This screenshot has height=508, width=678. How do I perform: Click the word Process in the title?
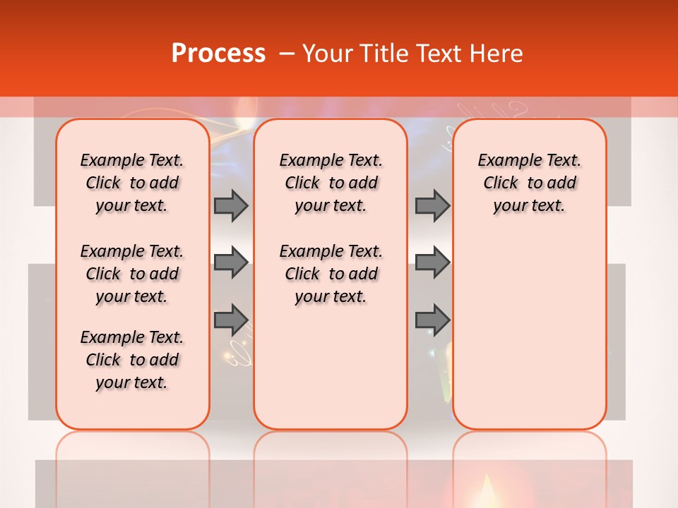(x=218, y=54)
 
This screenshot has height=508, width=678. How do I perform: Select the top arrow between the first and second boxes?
(x=231, y=205)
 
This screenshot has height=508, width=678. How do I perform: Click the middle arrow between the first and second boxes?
(x=231, y=262)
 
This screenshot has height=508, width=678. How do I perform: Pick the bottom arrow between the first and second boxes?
(x=231, y=320)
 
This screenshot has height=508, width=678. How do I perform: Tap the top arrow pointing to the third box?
(x=432, y=205)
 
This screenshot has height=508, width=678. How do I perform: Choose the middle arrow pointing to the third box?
(x=432, y=262)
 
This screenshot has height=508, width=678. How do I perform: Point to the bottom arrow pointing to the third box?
(x=432, y=320)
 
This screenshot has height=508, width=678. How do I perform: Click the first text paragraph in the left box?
(x=132, y=183)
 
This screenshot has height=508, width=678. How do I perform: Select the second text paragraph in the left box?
(x=132, y=274)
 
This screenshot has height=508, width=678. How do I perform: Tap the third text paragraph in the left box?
(x=132, y=360)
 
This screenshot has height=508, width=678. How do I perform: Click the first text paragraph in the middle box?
(x=331, y=183)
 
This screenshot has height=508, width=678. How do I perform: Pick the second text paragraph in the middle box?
(x=331, y=274)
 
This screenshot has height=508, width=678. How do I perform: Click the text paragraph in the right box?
(x=530, y=183)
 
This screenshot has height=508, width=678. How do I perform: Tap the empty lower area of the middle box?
(x=331, y=367)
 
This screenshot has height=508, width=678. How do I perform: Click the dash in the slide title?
(x=287, y=54)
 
